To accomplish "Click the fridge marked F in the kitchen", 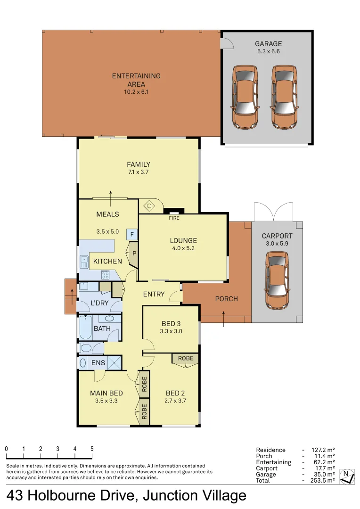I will [132, 234].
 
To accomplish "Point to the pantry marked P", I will [134, 253].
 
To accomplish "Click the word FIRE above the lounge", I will [174, 218].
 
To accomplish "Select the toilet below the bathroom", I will [85, 348].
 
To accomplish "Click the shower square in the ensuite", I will [115, 363].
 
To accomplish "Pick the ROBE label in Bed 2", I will [186, 358].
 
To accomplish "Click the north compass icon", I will [348, 476].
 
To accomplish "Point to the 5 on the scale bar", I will [92, 449].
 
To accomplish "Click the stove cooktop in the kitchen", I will [106, 274].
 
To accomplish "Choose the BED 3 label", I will [171, 323].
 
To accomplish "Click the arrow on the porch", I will [224, 318].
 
